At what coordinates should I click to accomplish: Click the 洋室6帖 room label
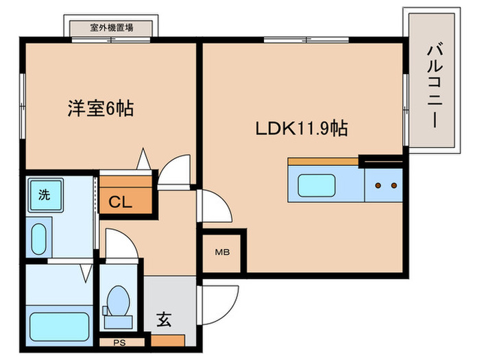tap(99, 108)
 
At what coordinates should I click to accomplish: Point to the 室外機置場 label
tap(112, 28)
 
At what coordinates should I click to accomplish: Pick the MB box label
tap(222, 252)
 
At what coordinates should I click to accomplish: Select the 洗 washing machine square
tap(45, 194)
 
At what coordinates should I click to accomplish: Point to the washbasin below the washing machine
tap(40, 237)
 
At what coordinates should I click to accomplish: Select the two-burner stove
tap(383, 185)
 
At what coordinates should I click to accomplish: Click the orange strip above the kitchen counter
tap(323, 162)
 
